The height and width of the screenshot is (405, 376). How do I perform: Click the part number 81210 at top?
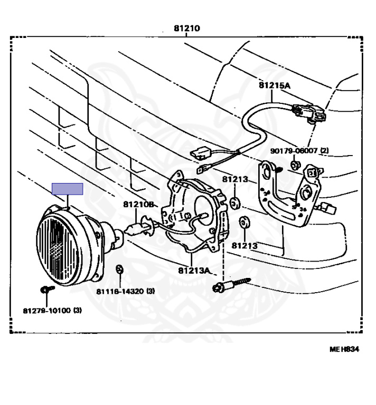[187, 28]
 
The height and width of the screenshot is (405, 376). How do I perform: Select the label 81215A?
[274, 85]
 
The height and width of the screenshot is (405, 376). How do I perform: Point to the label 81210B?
[138, 204]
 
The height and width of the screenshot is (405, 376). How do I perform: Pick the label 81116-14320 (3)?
[125, 291]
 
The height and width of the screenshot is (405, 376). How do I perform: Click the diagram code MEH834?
[344, 349]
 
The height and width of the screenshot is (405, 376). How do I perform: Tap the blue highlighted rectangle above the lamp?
[67, 189]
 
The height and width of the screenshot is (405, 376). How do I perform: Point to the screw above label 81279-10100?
[45, 289]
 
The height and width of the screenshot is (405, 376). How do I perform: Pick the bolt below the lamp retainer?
[218, 287]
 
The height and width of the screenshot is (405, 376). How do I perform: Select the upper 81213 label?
[235, 179]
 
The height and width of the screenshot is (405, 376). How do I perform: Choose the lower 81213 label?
[244, 245]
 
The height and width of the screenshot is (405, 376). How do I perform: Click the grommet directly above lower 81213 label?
[245, 221]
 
